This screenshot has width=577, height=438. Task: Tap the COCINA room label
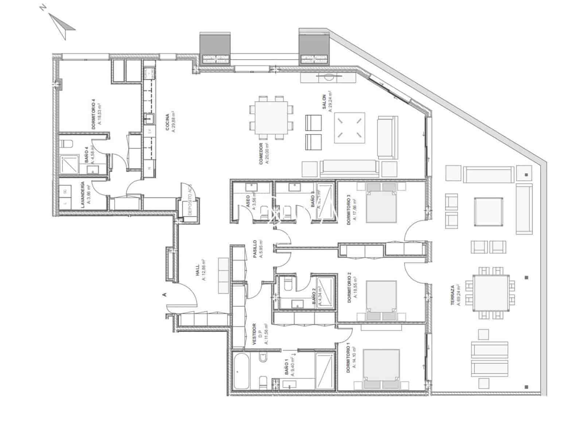170,122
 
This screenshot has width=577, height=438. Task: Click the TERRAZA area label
455,295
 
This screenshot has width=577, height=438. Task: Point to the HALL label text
200,272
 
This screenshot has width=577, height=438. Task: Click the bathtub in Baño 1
241,371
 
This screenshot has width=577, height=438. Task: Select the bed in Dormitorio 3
381,203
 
